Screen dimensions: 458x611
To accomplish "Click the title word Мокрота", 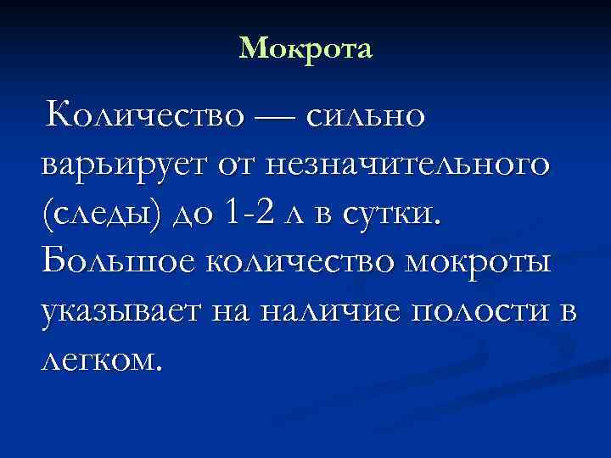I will click(x=305, y=49).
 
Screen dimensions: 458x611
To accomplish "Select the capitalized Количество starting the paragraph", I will click(x=145, y=116).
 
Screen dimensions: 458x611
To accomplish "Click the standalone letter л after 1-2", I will click(x=294, y=215).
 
